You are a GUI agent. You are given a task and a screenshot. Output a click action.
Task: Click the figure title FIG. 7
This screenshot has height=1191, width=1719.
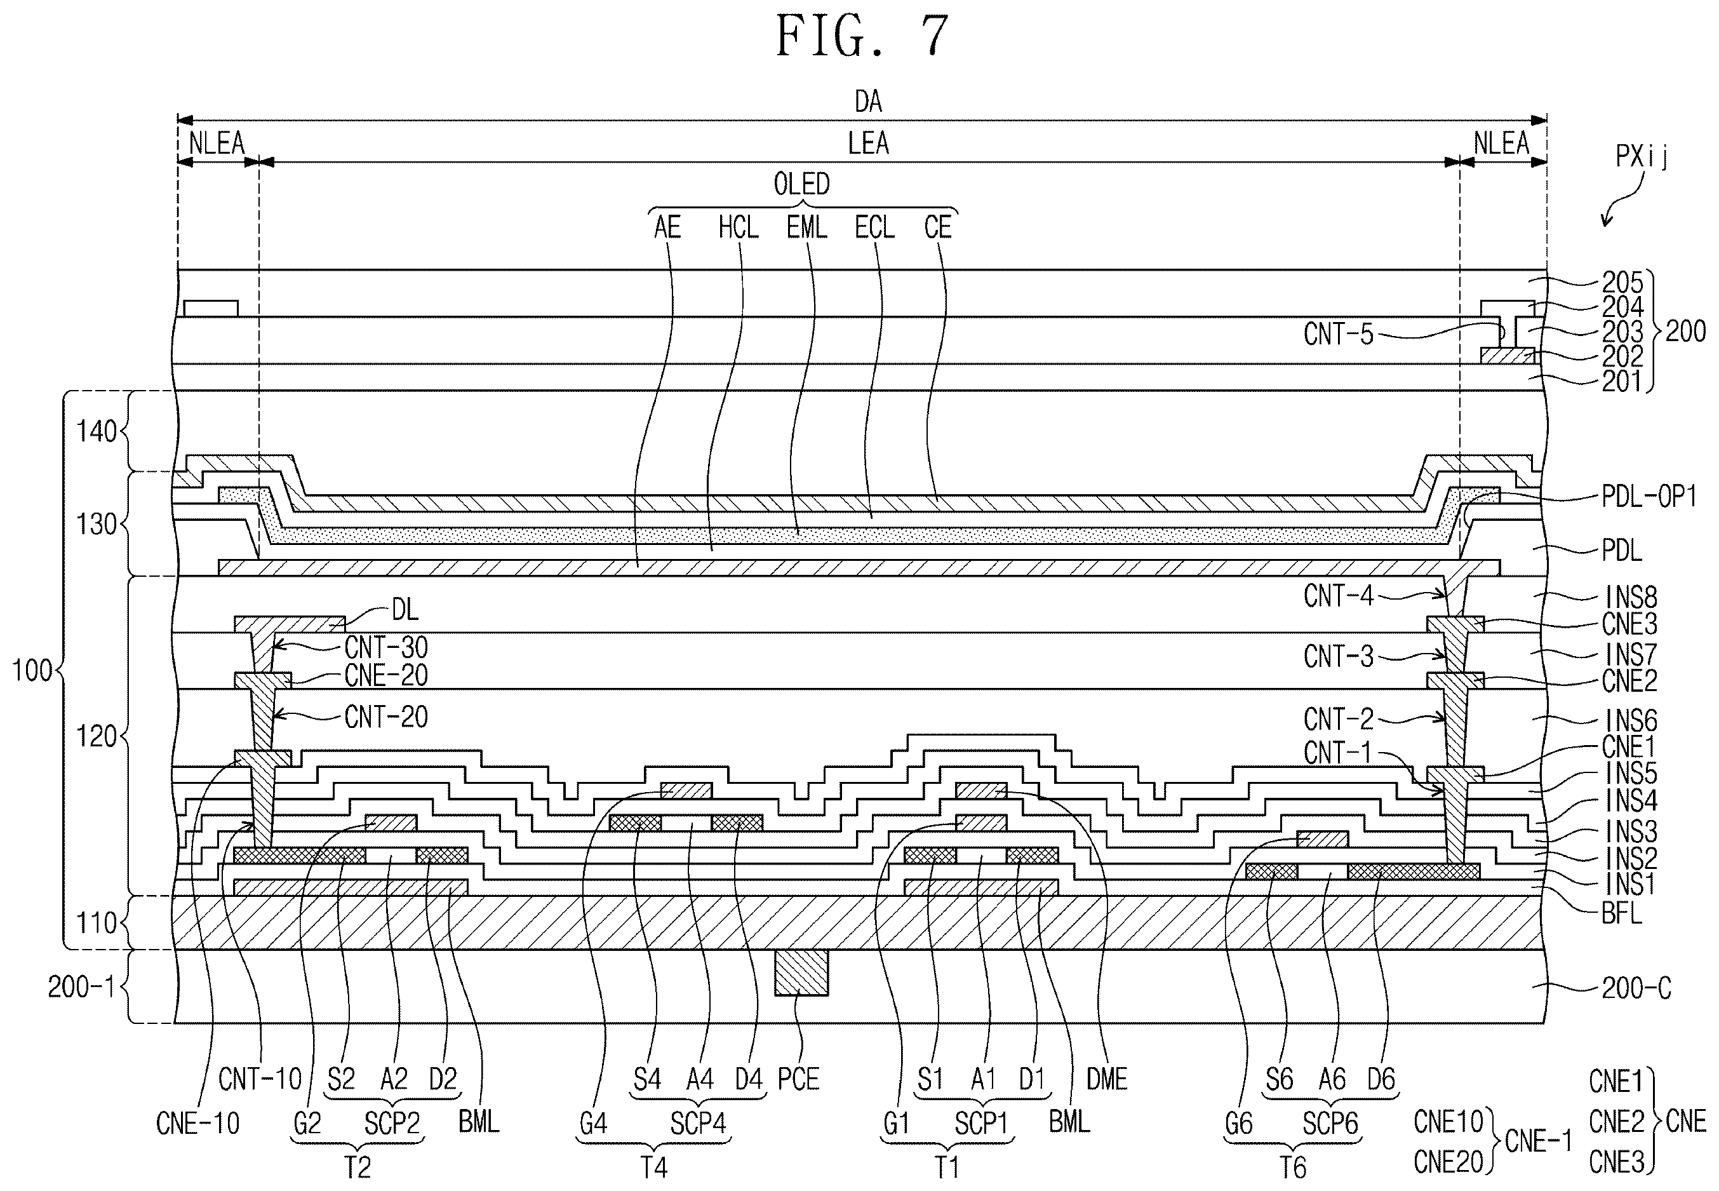[x=862, y=36]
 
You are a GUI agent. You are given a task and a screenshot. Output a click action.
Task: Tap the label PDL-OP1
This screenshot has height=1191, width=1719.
[x=1649, y=497]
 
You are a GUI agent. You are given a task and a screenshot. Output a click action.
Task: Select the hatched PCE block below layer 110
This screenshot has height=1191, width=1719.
[x=801, y=972]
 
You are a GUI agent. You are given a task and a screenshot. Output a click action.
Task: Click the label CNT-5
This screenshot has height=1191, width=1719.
[x=1339, y=334]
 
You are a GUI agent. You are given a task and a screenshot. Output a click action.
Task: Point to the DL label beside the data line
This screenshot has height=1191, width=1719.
[x=405, y=610]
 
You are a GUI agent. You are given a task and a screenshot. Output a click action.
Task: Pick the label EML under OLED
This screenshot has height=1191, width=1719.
[x=806, y=227]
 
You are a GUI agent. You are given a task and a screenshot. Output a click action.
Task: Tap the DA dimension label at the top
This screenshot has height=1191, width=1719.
[x=869, y=102]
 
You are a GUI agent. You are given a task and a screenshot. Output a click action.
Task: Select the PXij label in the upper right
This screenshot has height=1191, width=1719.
[x=1642, y=156]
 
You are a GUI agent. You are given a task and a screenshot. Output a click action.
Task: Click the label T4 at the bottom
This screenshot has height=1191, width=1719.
[x=653, y=1167]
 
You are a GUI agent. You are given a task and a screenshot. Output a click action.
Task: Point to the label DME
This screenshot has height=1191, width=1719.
[x=1106, y=1079]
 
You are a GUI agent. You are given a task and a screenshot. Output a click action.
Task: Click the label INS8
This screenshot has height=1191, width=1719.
[x=1632, y=597]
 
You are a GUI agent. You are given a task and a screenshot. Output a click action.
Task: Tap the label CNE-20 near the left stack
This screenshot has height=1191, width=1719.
[x=385, y=676]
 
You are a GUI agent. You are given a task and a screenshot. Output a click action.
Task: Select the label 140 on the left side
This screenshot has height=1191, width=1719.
[x=97, y=431]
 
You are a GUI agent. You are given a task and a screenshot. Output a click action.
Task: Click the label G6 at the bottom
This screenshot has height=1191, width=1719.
[x=1238, y=1124]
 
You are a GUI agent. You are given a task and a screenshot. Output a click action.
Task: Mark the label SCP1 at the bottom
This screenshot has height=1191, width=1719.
[x=981, y=1124]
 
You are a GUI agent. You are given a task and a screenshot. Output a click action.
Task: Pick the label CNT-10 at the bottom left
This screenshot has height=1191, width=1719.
[x=260, y=1079]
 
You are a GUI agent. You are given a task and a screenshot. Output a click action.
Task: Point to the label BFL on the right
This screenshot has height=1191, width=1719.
[x=1622, y=914]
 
